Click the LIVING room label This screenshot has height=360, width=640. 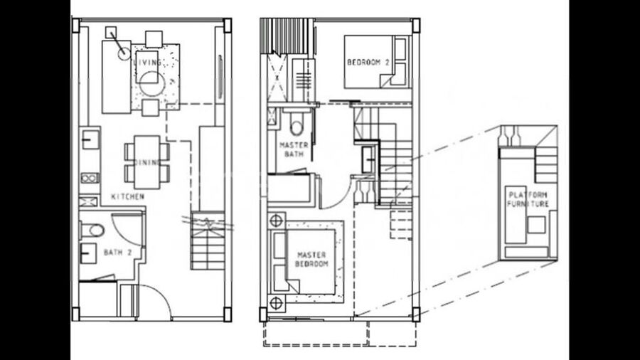pos(147,63)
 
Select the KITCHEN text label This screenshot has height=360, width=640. pos(128,196)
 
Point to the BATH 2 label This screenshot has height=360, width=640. pos(117,253)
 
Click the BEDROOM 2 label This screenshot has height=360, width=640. pos(368,63)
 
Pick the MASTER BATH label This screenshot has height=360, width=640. pos(294,149)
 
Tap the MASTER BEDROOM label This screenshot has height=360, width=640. pos(311,259)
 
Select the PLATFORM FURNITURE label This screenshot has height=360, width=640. pos(528,199)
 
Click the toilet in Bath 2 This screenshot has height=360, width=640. pos(92,231)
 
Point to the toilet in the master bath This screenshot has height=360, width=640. pos(297,124)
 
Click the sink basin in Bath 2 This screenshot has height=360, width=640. pos(88,253)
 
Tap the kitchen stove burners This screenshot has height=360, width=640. pos(90,178)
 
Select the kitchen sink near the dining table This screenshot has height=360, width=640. pos(90,139)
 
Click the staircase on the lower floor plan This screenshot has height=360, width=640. pos(208,240)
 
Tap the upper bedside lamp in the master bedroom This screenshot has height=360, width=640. pos(277,221)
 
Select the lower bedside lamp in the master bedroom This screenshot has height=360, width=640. pos(277,303)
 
